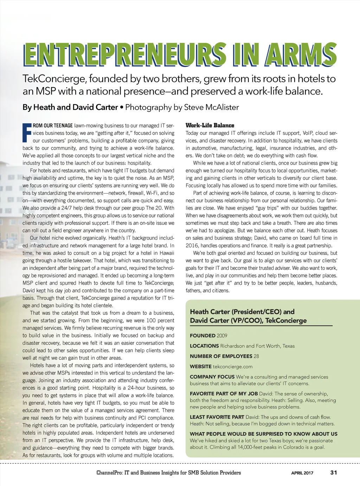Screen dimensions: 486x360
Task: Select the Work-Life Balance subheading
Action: coord(210,125)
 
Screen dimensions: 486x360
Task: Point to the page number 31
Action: coord(334,473)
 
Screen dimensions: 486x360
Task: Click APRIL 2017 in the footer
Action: coord(302,473)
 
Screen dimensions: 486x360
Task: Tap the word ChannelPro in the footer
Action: coord(109,473)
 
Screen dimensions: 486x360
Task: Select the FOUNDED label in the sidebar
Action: coord(203,336)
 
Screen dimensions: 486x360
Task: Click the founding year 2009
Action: coord(222,336)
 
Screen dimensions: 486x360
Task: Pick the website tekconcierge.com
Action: coord(233,367)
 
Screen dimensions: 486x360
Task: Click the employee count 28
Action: coord(256,356)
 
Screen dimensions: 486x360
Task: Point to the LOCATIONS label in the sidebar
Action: coord(204,346)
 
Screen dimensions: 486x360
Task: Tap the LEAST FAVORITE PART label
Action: coord(217,417)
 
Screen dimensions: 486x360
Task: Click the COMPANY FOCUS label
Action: coord(212,377)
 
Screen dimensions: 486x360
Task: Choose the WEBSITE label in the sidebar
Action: coord(201,367)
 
